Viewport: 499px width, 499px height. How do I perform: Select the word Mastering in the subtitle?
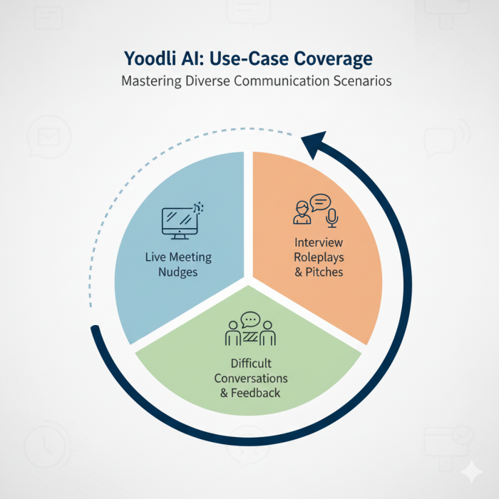click(151, 81)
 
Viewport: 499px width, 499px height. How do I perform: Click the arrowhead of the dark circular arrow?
click(314, 145)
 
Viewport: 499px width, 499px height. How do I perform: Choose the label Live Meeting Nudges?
click(178, 264)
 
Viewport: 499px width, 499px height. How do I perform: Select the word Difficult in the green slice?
click(250, 364)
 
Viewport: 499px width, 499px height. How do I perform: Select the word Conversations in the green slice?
click(249, 379)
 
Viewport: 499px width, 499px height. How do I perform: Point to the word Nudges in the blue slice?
click(178, 272)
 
